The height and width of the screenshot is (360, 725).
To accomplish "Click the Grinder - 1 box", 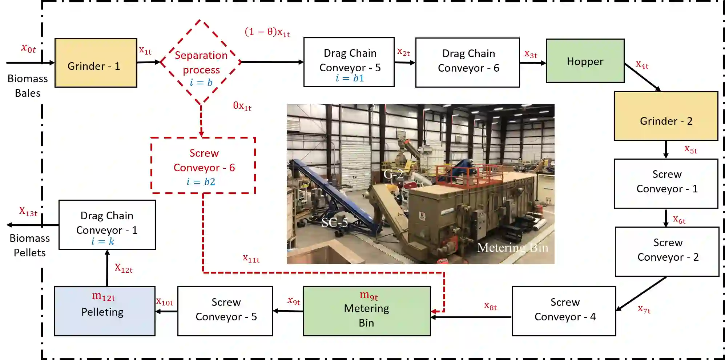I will pos(96,63).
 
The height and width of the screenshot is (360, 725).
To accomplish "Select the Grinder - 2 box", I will pos(666,116).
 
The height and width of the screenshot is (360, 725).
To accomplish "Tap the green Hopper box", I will pos(585,61).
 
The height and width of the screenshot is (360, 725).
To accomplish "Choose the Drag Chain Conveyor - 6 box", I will pos(468,62).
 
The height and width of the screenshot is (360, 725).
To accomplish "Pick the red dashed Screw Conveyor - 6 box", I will pos(204,166).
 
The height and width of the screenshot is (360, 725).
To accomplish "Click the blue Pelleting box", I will pos(105,311).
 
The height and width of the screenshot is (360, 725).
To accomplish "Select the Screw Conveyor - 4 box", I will pos(564,311).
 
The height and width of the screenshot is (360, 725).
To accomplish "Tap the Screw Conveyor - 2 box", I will pos(667,252).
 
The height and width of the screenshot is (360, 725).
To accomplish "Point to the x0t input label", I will pos(28,48).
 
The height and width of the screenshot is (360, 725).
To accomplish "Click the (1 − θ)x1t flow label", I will pos(267,32).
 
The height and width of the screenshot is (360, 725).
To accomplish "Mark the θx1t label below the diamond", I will pos(242,106).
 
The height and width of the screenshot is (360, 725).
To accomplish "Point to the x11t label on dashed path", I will pos(251,259).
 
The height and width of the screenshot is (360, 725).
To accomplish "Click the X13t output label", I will pos(28,211).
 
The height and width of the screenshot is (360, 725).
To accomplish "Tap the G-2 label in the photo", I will pos(393,174).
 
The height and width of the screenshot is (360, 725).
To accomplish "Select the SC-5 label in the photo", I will pos(334,222).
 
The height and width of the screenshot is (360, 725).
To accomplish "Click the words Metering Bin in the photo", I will pos(512,248).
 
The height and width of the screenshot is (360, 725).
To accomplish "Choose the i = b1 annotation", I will pos(349,78).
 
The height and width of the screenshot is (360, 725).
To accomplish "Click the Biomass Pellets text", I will pos(29,245).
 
